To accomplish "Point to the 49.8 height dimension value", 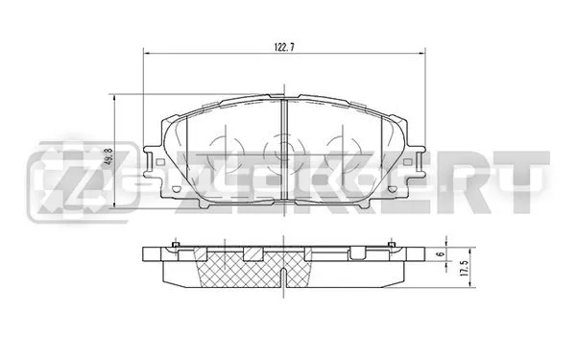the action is [x=108, y=157].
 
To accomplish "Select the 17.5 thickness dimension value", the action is [x=464, y=268].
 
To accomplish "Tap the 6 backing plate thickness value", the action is [x=442, y=253].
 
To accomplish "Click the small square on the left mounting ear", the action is [x=160, y=161].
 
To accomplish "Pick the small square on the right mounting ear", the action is [x=407, y=162].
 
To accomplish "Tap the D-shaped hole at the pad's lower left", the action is [x=176, y=189].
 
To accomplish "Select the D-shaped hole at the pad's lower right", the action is [x=392, y=189].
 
